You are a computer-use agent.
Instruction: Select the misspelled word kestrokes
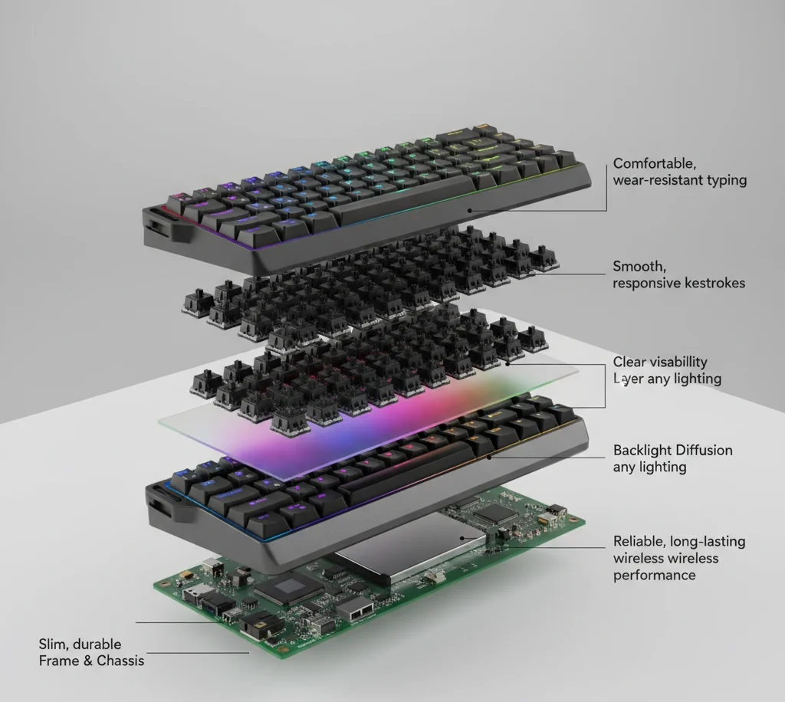click(x=714, y=284)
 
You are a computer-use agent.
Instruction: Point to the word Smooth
click(x=639, y=267)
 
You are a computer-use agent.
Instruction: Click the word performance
click(x=655, y=575)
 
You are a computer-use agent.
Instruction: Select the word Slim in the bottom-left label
click(x=54, y=644)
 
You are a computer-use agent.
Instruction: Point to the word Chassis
click(x=120, y=661)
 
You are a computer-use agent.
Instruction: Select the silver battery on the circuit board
click(x=412, y=546)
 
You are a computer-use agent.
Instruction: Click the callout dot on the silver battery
click(x=462, y=539)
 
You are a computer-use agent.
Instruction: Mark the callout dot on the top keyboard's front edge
click(x=470, y=211)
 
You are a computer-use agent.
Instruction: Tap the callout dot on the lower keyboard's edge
click(x=491, y=456)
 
